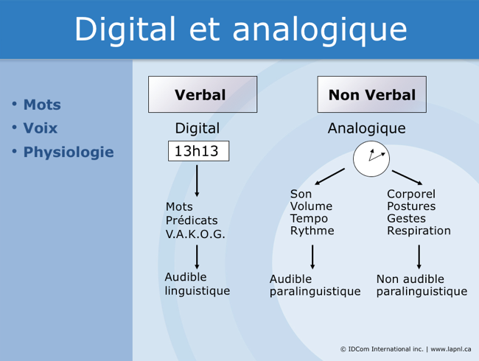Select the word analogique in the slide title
click(321, 29)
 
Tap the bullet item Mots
click(42, 105)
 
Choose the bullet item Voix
click(41, 128)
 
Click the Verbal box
click(200, 95)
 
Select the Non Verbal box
click(372, 95)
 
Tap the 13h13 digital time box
click(197, 152)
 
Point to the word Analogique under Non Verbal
click(366, 128)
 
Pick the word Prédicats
click(192, 220)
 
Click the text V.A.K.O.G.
click(195, 234)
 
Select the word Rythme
click(312, 231)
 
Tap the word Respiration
click(419, 231)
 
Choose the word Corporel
click(411, 194)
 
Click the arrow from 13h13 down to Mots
click(197, 180)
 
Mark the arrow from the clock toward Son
click(329, 177)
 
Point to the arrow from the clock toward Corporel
click(407, 177)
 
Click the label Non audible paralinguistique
click(422, 285)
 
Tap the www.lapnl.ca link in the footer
click(451, 348)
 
